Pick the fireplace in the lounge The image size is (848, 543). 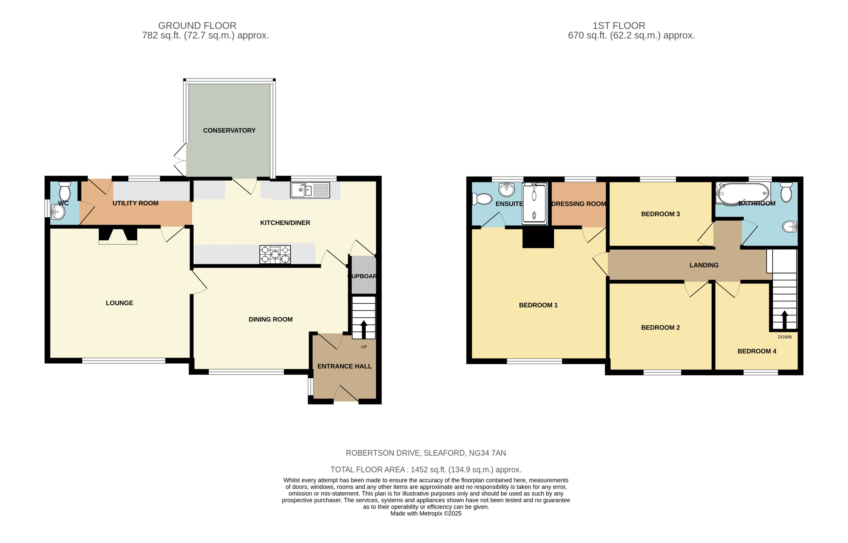click(118, 236)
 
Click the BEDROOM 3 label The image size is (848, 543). click(660, 214)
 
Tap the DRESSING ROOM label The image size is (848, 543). click(579, 204)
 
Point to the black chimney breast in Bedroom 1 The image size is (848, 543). click(538, 238)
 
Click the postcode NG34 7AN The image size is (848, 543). click(487, 453)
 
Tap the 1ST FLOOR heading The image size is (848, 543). click(619, 26)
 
